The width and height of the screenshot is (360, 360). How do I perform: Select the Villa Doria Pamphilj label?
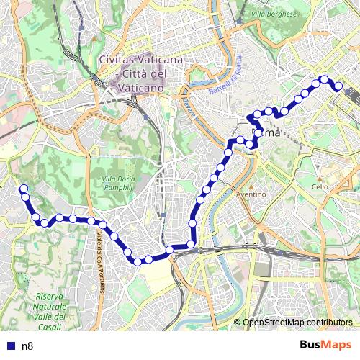point(118,183)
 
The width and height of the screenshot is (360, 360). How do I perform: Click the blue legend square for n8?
point(9,346)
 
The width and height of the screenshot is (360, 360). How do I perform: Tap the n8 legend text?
point(28,346)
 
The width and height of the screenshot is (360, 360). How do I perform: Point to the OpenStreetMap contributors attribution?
point(298,323)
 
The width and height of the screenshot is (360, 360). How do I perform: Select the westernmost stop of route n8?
point(23,189)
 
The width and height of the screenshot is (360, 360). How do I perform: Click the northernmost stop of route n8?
point(325,79)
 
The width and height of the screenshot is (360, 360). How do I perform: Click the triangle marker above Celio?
point(320,179)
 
